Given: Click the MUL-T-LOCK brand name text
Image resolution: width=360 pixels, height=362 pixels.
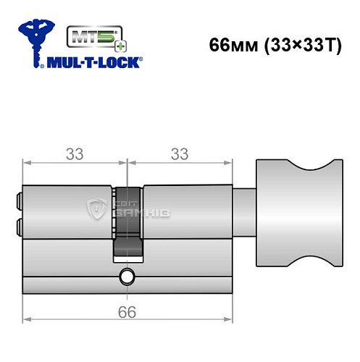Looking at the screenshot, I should click(x=93, y=62).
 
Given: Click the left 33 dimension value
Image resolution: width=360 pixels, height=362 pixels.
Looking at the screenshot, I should click(x=74, y=153).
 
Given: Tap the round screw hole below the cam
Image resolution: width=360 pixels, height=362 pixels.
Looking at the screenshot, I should click(x=127, y=276).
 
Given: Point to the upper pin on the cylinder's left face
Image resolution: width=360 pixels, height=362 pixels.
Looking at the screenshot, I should click(x=18, y=198).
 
